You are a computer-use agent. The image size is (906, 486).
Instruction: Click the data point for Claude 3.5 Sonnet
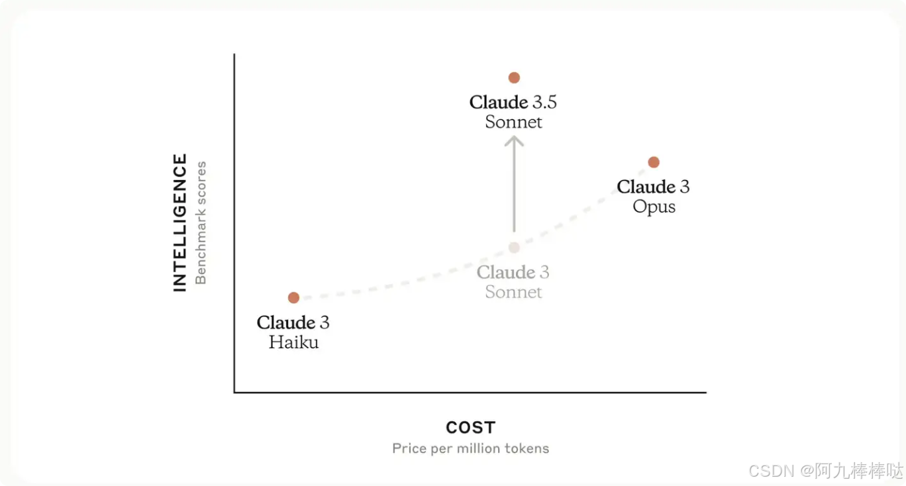514,77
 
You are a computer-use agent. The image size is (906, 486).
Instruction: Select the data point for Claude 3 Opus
654,162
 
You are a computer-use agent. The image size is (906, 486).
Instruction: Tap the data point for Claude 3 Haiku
293,298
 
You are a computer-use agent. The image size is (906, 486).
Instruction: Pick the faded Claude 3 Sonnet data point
514,248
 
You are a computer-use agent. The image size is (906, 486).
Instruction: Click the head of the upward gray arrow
514,140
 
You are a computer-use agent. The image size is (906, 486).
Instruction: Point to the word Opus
654,207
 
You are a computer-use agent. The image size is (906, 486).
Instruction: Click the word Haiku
293,342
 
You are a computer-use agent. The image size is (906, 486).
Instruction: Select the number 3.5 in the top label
544,103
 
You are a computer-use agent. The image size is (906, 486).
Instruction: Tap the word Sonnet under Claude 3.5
514,122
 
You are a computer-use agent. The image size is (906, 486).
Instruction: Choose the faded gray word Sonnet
514,292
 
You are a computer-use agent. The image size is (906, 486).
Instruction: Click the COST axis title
470,428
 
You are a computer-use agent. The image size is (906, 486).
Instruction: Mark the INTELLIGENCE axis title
180,222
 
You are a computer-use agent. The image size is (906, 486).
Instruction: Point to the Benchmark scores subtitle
201,222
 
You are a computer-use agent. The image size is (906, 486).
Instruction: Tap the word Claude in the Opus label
646,187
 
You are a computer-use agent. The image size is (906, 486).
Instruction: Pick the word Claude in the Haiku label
285,323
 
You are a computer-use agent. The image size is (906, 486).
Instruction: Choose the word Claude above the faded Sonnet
506,273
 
